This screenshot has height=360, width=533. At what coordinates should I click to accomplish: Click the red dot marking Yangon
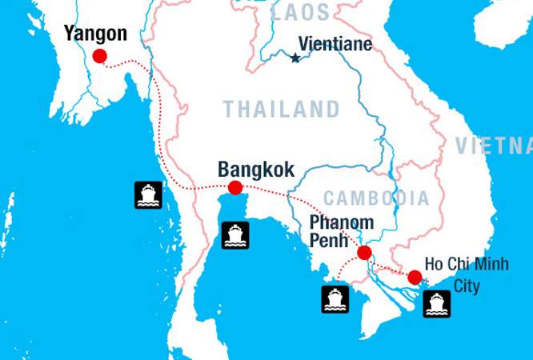tap(99, 55)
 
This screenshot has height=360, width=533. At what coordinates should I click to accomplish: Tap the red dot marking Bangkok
tap(235, 188)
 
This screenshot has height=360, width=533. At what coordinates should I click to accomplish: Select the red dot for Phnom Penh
tap(364, 253)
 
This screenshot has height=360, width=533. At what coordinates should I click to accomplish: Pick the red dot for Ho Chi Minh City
tap(414, 278)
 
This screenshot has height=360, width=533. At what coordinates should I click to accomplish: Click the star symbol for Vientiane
tap(295, 58)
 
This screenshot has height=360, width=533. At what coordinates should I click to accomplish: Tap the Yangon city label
tap(95, 34)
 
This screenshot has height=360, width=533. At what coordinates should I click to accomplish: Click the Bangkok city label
tap(256, 170)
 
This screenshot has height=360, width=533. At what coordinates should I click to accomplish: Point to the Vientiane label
tap(335, 44)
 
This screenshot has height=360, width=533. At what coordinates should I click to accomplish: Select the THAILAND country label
tap(281, 109)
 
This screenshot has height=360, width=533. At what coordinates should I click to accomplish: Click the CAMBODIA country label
tap(376, 198)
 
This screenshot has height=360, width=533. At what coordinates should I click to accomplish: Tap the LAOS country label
tap(300, 12)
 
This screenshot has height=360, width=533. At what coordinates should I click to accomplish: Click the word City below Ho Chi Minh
tap(467, 286)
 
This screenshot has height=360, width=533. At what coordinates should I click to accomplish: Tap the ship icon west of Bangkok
tap(148, 195)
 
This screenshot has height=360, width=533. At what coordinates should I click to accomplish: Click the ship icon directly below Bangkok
tap(235, 234)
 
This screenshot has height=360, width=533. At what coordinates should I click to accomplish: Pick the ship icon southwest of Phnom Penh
tap(335, 299)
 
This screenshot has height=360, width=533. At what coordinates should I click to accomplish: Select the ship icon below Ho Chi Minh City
tap(436, 304)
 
